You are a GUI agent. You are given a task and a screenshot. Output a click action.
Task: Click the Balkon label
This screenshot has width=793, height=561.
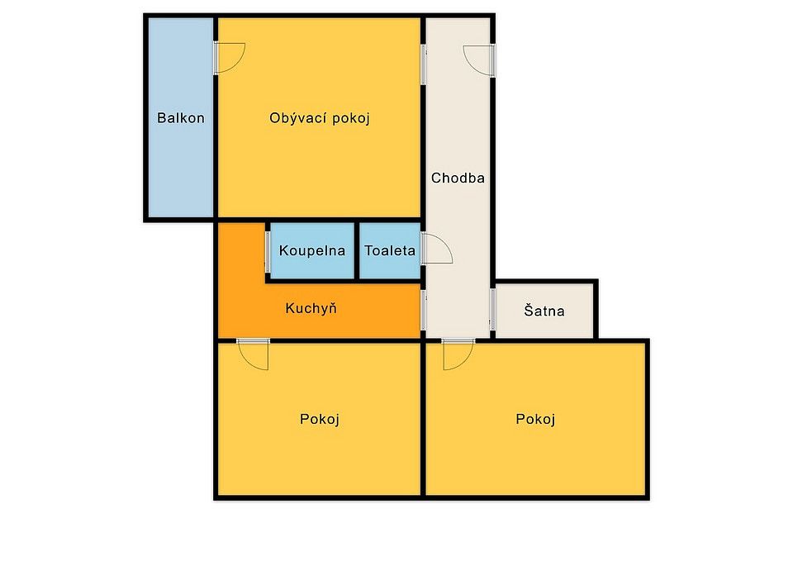[181, 118]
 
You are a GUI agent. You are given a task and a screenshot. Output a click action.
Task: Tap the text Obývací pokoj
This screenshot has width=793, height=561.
[320, 118]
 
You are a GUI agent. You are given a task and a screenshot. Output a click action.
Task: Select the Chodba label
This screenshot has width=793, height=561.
[458, 178]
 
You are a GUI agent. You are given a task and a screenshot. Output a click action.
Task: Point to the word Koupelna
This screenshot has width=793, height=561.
[312, 251]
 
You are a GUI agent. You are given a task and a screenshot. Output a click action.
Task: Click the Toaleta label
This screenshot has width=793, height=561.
[390, 250]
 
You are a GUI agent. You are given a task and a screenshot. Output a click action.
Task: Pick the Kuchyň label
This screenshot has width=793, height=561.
[311, 308]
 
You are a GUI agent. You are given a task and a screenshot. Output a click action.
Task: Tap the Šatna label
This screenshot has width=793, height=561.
[544, 310]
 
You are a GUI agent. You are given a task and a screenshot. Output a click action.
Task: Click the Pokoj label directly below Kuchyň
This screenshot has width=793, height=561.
[320, 420]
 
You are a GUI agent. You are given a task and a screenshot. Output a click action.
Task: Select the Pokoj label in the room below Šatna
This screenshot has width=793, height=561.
[535, 420]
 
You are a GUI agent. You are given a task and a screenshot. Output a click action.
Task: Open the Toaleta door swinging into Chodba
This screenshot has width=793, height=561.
[436, 249]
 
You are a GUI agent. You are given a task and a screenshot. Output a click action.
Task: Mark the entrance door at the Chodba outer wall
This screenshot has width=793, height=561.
[479, 60]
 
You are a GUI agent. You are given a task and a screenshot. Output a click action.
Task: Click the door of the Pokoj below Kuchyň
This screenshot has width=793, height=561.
[253, 354]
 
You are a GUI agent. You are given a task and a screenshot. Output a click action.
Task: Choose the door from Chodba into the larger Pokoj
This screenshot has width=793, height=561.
[458, 354]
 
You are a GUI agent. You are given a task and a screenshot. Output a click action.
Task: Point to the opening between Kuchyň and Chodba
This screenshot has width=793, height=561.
[424, 310]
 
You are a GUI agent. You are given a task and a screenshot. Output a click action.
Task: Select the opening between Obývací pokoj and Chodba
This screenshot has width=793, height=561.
[424, 64]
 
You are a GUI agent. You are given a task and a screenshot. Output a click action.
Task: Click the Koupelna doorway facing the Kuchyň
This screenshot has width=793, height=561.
[268, 252]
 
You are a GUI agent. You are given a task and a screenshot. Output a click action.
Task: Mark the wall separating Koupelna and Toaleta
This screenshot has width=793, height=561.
[357, 251]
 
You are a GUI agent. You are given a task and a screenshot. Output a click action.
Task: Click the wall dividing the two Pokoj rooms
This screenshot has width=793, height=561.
[424, 420]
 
